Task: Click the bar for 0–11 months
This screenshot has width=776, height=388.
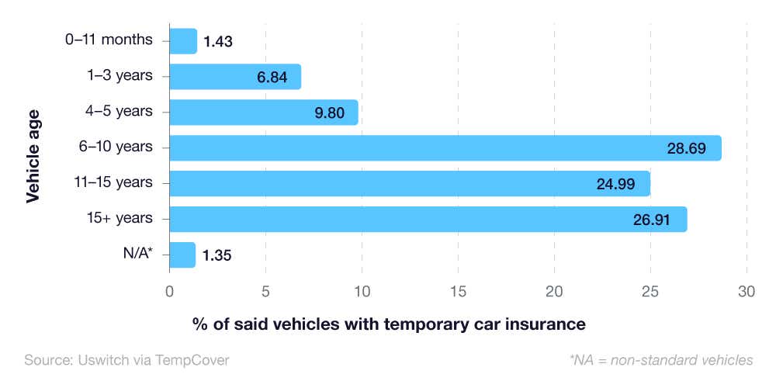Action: (183, 41)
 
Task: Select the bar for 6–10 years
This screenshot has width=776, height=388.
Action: (445, 147)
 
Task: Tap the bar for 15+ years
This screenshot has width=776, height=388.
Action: (428, 219)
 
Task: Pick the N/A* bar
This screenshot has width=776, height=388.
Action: (182, 255)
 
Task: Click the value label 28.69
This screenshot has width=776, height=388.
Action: (686, 147)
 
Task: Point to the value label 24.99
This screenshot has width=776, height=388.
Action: (615, 183)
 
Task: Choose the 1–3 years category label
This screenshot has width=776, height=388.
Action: (120, 75)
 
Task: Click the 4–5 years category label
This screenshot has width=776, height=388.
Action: (120, 111)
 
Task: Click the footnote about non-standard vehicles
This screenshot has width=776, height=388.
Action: (660, 360)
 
